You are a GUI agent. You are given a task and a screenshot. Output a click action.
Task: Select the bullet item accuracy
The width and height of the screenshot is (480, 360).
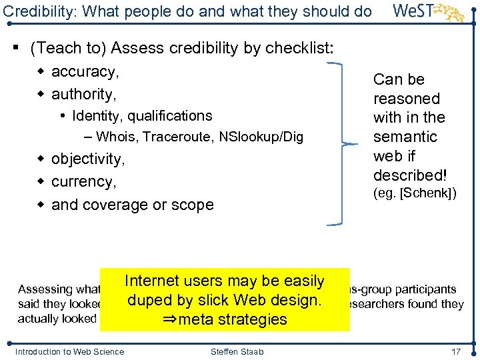83,71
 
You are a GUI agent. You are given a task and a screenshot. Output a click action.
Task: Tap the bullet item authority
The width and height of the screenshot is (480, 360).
83,93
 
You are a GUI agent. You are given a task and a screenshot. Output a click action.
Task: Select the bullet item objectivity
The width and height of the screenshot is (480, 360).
87,159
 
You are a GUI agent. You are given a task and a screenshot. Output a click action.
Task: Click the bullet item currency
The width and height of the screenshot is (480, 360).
83,182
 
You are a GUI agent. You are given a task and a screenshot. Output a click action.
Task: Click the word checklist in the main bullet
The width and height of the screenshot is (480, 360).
299,48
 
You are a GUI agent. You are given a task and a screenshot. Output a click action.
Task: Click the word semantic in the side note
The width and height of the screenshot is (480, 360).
405,137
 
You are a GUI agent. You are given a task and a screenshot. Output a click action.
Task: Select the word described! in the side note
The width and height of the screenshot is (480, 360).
409,175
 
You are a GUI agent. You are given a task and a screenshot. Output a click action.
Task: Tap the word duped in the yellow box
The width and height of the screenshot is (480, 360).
148,301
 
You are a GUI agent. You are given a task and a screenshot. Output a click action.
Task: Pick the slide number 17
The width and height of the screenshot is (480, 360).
456,351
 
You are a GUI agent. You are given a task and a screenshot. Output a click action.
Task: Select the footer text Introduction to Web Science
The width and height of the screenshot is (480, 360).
69,351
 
